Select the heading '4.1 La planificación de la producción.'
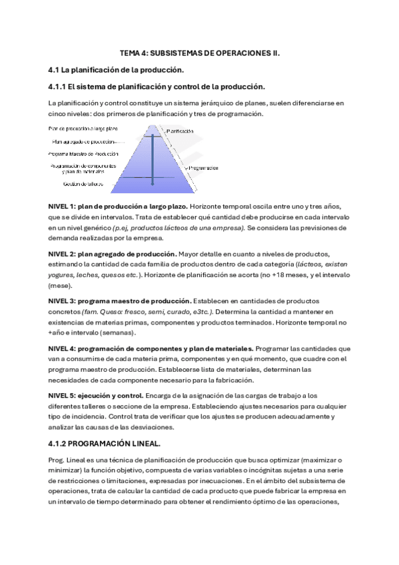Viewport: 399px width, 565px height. pyautogui.click(x=117, y=69)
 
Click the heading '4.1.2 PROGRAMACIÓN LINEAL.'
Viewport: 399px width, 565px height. pyautogui.click(x=105, y=442)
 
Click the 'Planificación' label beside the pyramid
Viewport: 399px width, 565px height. pyautogui.click(x=181, y=131)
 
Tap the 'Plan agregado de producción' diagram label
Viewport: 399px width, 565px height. pyautogui.click(x=84, y=141)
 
